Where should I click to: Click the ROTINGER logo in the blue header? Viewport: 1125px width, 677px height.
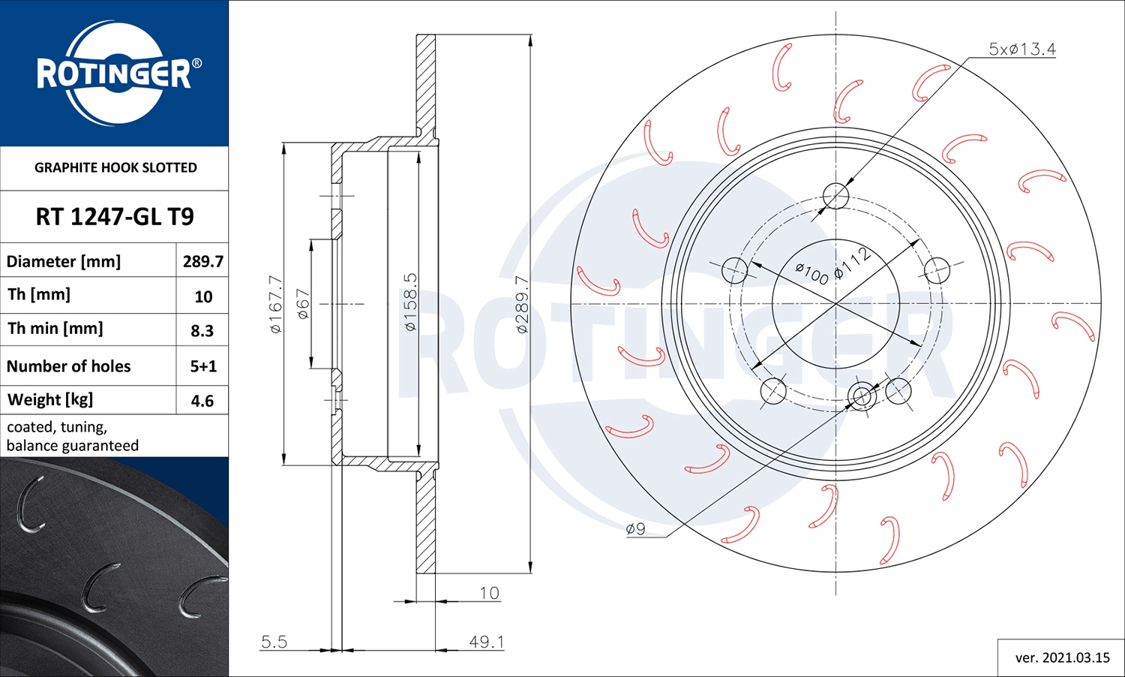pyautogui.click(x=115, y=74)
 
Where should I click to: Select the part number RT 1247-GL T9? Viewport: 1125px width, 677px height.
pyautogui.click(x=115, y=217)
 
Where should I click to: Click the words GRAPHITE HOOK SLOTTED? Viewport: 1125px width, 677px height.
pyautogui.click(x=115, y=167)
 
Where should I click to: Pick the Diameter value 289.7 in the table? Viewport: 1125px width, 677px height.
pyautogui.click(x=202, y=261)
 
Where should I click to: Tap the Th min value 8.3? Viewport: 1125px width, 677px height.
pyautogui.click(x=202, y=330)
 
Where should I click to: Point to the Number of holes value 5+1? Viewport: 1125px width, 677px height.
pyautogui.click(x=202, y=366)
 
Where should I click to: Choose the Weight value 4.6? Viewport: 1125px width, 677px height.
pyautogui.click(x=202, y=401)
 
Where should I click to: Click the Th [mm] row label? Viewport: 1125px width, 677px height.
pyautogui.click(x=39, y=295)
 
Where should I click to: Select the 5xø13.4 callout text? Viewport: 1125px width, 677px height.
pyautogui.click(x=1021, y=50)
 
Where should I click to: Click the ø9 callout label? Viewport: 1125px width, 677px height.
pyautogui.click(x=635, y=529)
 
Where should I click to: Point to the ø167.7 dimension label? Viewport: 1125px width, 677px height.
pyautogui.click(x=276, y=304)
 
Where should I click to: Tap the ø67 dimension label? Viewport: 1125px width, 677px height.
pyautogui.click(x=303, y=304)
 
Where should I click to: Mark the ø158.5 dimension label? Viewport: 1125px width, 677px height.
pyautogui.click(x=410, y=302)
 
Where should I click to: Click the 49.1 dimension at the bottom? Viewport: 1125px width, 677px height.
pyautogui.click(x=486, y=642)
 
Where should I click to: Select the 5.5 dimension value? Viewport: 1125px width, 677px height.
pyautogui.click(x=274, y=642)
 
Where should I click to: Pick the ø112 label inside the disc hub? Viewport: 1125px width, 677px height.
pyautogui.click(x=852, y=263)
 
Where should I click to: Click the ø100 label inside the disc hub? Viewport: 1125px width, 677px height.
pyautogui.click(x=811, y=274)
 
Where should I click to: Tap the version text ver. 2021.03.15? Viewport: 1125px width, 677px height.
pyautogui.click(x=1062, y=657)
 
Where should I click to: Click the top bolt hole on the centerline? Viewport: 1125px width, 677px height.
pyautogui.click(x=835, y=197)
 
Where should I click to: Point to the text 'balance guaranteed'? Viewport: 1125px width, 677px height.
pyautogui.click(x=73, y=446)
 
